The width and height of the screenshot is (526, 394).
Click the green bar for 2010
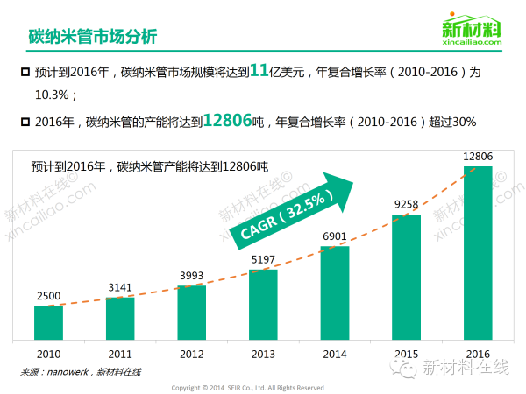tap(48, 323)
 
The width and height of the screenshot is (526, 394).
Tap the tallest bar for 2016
tap(477, 253)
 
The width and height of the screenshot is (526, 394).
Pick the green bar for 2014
tap(334, 293)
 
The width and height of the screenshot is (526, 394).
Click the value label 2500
tap(48, 297)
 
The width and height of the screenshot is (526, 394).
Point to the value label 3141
tap(119, 288)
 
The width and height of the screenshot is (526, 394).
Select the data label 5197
tap(263, 259)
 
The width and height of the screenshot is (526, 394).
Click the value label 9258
tap(406, 205)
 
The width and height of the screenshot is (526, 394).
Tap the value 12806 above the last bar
tap(477, 156)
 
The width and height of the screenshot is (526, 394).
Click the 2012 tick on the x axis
tap(191, 353)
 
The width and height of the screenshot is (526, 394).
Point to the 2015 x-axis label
tap(406, 353)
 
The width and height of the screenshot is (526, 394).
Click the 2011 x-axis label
tap(119, 353)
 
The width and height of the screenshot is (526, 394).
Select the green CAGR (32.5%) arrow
tap(289, 210)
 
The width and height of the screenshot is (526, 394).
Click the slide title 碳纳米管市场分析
tap(92, 37)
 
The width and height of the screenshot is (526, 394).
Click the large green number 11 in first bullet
tap(258, 73)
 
